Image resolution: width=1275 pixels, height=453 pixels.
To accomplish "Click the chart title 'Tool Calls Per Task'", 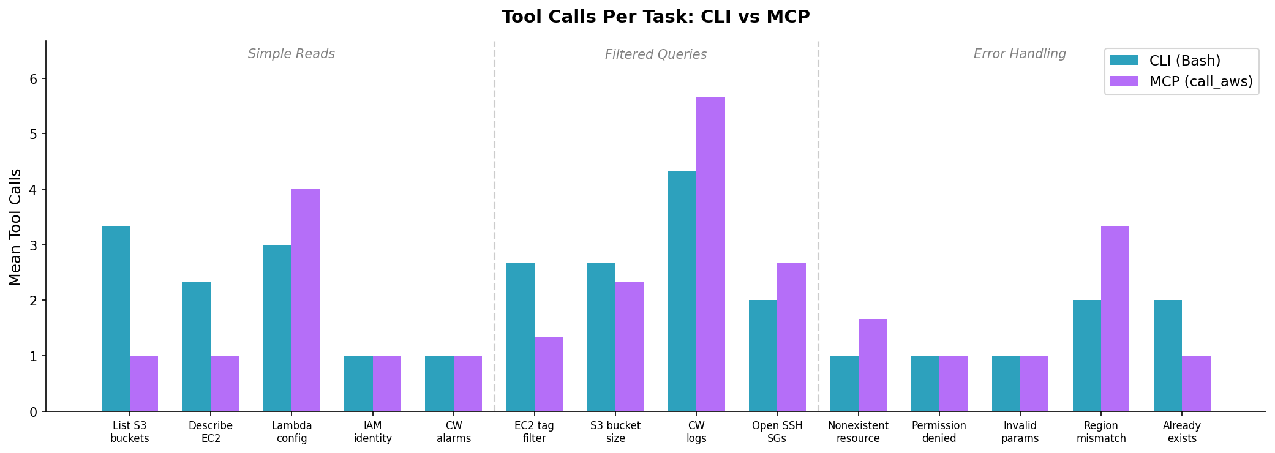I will pos(655,17).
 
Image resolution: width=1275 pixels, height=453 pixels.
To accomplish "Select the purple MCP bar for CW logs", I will pos(710,254).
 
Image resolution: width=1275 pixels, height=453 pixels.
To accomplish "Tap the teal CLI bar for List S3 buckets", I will pos(116,318).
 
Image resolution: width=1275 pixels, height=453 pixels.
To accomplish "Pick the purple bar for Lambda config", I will pos(306,300).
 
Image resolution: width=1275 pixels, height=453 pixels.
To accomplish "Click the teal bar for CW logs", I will pos(682,291).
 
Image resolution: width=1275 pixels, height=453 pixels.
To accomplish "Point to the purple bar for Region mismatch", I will pos(1115,318).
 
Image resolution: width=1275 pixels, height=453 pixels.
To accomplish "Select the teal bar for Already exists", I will pos(1168,355).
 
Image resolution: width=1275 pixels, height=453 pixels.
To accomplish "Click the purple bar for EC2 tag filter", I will pos(549,374).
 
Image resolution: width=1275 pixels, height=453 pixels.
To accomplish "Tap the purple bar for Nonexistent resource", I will pos(873,365).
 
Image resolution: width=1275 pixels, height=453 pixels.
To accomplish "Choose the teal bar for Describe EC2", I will pos(197,346).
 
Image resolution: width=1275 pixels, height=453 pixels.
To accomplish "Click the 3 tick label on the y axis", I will pos(33,245).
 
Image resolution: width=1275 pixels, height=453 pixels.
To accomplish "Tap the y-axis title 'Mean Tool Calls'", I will pos(16,227).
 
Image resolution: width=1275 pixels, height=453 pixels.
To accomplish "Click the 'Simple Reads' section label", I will pos(291,54).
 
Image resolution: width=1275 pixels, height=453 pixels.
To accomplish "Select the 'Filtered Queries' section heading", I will pos(656,54).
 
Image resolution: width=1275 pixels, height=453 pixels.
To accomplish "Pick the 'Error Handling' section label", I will pos(1020,54).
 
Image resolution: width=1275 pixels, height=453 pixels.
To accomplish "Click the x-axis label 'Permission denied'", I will pos(939,432).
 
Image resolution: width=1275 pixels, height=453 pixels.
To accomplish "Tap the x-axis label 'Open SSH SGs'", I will pos(777,432).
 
